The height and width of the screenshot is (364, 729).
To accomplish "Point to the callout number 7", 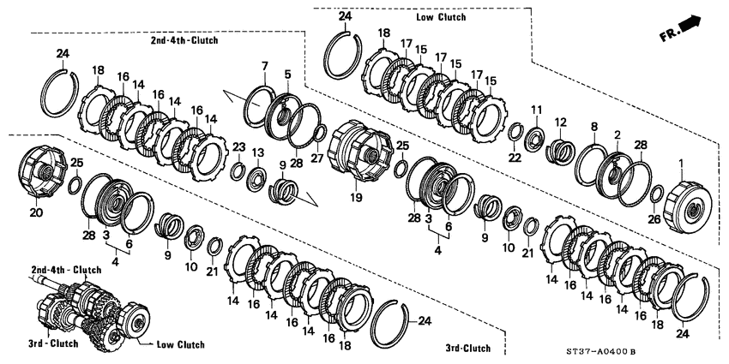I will [265, 66].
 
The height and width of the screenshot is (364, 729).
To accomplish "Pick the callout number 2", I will [618, 135].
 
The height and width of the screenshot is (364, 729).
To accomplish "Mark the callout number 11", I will [536, 110].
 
